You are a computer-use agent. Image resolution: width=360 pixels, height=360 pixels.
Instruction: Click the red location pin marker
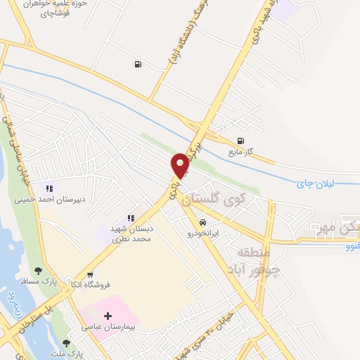tap(180, 165)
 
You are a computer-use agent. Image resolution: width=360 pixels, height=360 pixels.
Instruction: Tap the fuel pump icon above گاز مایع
tap(241, 140)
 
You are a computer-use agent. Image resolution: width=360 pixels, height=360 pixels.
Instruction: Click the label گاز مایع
tap(240, 151)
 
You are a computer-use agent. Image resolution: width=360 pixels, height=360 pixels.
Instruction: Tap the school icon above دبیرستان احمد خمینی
tap(49, 188)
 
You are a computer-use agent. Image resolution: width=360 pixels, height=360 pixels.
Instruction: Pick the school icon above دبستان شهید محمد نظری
tap(131, 218)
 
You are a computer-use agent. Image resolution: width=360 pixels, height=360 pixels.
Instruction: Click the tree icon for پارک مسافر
tap(38, 270)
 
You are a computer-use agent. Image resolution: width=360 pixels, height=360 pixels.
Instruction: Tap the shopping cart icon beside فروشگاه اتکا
tap(90, 274)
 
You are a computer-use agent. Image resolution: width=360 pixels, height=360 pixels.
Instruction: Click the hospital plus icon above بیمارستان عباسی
tap(108, 316)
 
